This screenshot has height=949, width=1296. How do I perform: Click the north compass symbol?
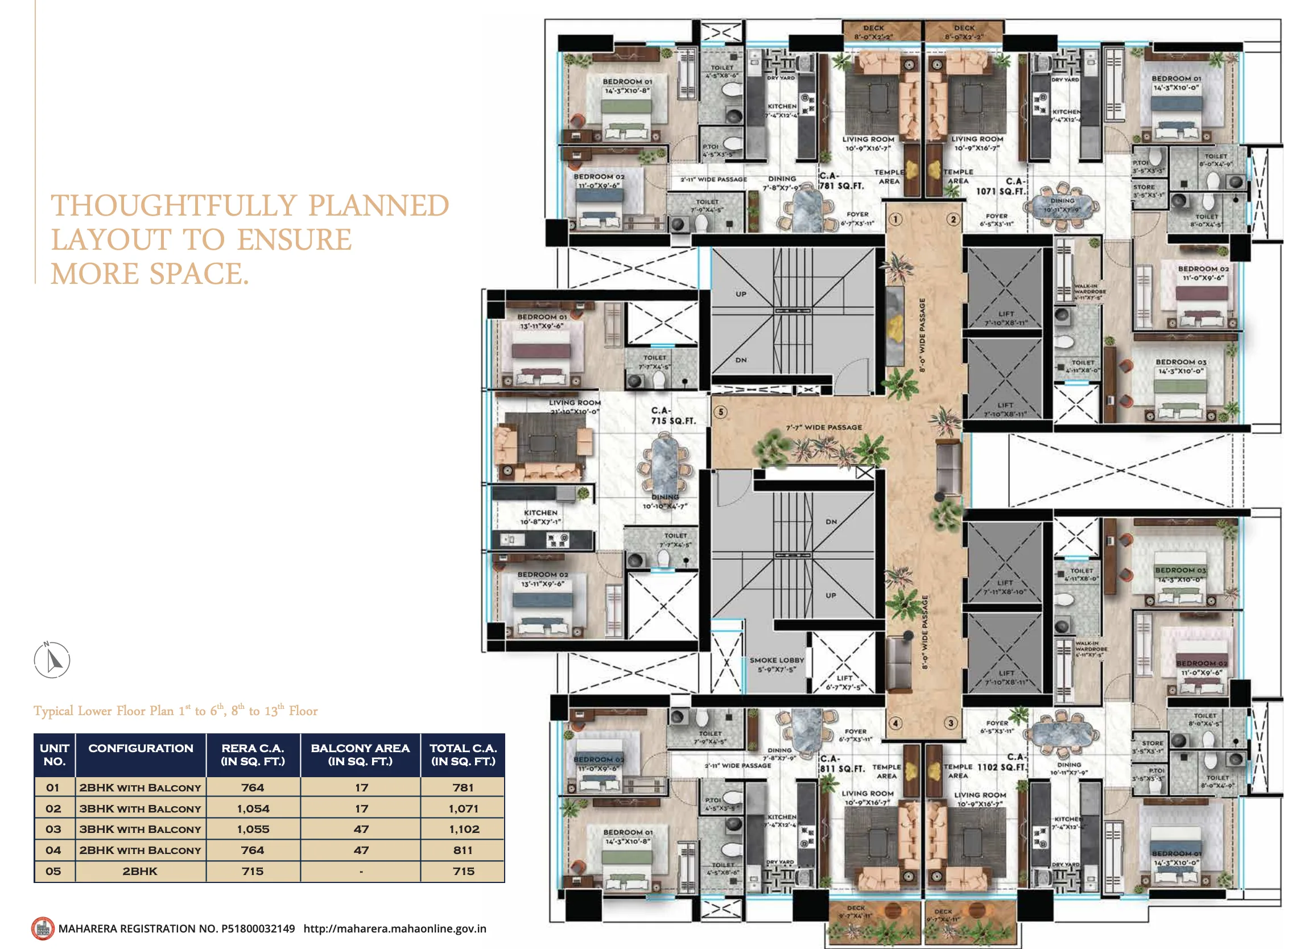pos(52,659)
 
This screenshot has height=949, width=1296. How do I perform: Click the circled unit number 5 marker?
pos(720,412)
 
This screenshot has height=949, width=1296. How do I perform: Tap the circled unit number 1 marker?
pos(895,219)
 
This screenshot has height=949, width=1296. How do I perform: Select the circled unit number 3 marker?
pos(951,723)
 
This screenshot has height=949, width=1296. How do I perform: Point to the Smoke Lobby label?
pos(777,665)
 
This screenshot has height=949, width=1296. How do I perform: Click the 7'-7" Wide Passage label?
pos(824,427)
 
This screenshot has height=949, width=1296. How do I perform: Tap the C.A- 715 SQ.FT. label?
pos(672,416)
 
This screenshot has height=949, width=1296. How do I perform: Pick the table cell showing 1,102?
pos(464,829)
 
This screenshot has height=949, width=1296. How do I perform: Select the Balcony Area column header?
pos(360,754)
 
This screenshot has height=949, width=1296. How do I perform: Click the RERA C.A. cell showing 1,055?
pos(253,829)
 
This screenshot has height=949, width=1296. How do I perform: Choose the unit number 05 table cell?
pos(53,871)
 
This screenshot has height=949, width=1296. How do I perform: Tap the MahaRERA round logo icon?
pos(43,929)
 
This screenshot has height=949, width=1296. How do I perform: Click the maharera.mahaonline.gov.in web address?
pos(395,929)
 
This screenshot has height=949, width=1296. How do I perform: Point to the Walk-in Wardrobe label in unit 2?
pos(1089,292)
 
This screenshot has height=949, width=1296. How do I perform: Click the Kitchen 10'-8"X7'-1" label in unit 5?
pos(540,517)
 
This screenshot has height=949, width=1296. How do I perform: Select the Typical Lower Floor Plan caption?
pos(175,711)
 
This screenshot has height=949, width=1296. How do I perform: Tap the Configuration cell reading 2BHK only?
pos(139,871)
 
